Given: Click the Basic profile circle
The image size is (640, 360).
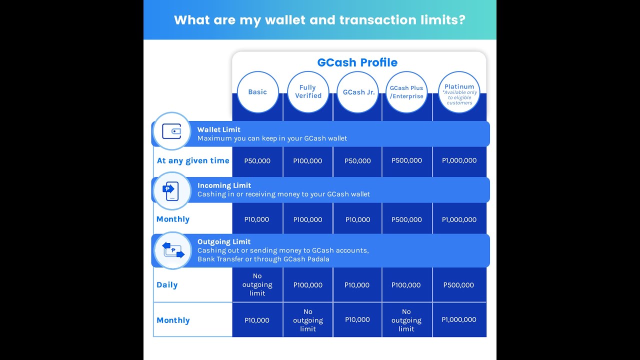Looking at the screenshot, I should pos(257,92).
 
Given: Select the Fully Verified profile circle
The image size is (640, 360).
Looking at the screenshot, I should pos(308,92).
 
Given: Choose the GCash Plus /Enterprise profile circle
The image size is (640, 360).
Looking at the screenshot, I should pos(406,92).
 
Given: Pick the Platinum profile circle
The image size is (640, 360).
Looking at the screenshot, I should pos(459,92).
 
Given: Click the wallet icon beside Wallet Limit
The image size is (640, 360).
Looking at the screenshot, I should pos(171,131).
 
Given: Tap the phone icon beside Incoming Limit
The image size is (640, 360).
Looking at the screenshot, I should pos(171,190).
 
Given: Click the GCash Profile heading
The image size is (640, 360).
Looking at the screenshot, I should pos(357,62).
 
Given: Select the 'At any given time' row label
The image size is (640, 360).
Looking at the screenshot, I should pos(193,160).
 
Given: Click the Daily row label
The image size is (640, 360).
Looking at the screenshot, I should pos(167,285).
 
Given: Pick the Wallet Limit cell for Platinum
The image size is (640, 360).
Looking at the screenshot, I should pos(459,160).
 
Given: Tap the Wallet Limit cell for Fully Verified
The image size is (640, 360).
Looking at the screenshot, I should pos(308,161).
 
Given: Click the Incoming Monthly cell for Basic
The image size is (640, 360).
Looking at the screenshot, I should pos(257,219).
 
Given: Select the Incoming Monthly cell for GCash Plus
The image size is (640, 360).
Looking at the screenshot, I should pos(406,219).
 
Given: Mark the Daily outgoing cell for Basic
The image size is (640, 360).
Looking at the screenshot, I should pos(257,284).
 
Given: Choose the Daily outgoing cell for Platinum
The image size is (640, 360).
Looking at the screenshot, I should pos(458,285).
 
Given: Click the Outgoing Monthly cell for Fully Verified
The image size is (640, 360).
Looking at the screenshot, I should pos(308,320).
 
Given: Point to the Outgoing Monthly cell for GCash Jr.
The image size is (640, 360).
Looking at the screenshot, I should pos(357,319).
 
